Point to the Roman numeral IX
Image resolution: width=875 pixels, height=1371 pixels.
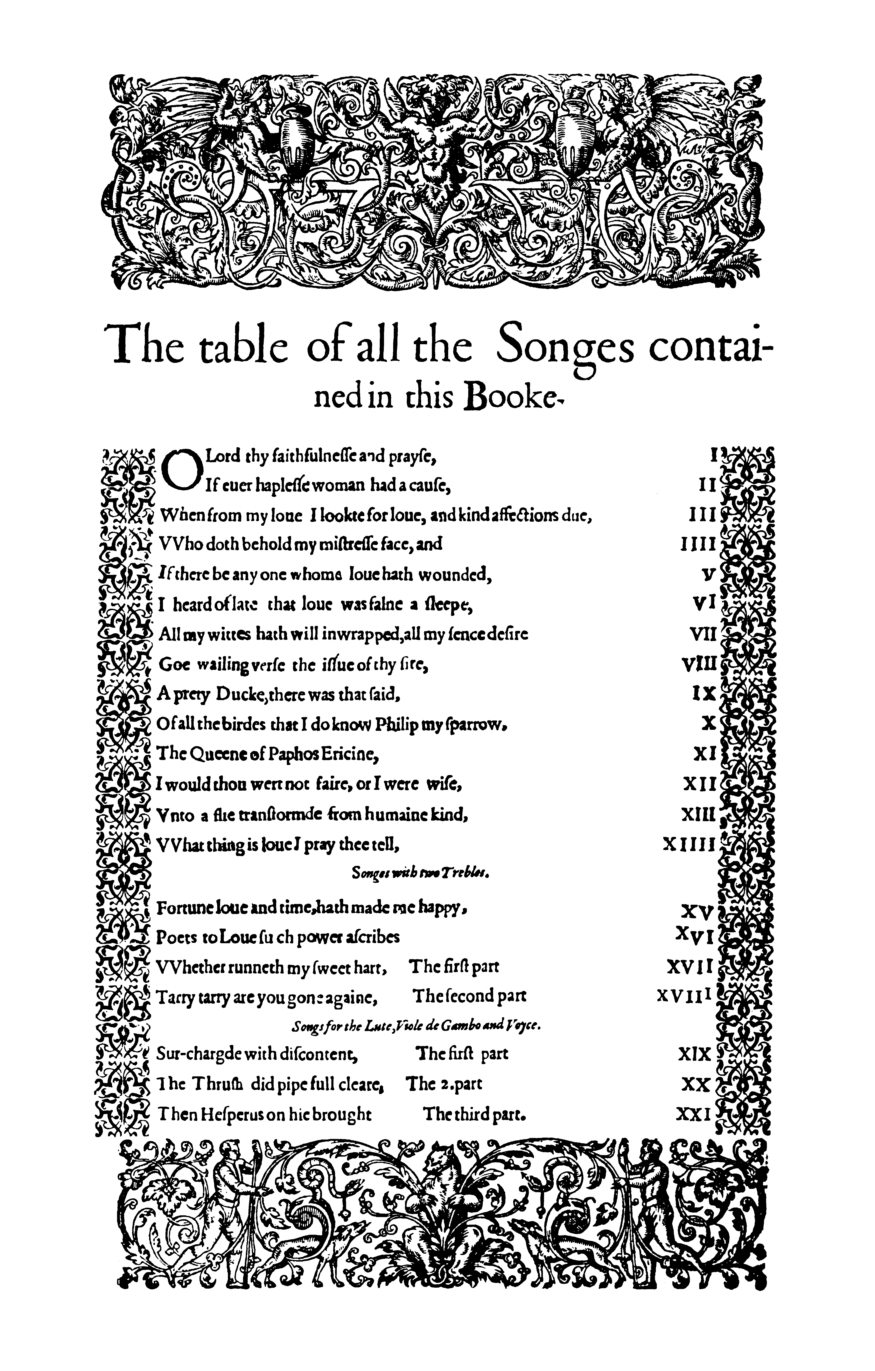(x=703, y=694)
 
